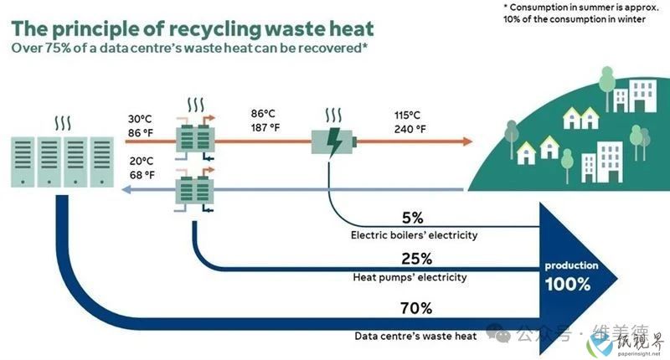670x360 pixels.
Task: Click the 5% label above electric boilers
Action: point(412,218)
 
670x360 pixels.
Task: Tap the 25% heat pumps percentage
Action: point(416,259)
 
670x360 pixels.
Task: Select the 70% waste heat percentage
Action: point(416,308)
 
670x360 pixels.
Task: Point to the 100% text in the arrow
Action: point(568,284)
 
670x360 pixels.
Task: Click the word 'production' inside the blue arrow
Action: point(571,265)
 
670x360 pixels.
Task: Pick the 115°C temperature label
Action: point(407,115)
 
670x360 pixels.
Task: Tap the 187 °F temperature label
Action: point(265,127)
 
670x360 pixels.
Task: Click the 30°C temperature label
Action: point(140,119)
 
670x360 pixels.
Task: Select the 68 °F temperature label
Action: point(142,175)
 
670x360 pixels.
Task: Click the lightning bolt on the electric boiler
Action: point(333,141)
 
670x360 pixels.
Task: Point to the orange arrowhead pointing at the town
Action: point(468,141)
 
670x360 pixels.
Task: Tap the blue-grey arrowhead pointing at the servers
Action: point(126,189)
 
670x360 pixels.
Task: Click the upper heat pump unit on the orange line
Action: point(195,136)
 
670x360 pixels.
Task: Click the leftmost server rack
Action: point(23,162)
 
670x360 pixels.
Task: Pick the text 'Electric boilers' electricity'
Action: point(414,235)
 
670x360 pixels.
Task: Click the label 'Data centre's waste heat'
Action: point(415,336)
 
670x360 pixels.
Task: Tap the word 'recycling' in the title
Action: point(214,29)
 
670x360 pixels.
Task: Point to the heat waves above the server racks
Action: point(63,123)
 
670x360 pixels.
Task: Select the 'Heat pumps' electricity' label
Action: point(410,278)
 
